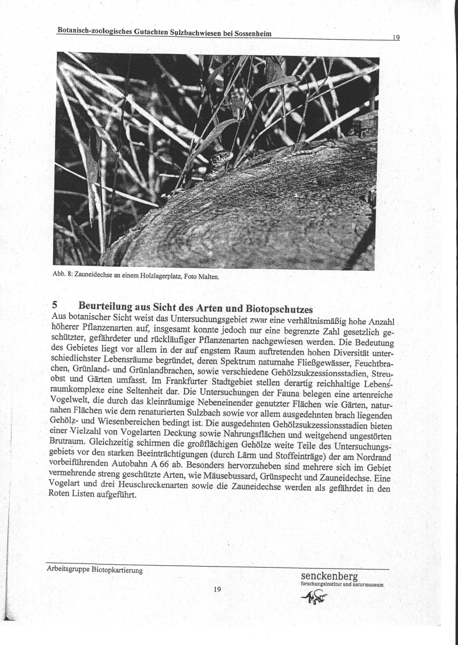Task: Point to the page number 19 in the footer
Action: click(x=217, y=589)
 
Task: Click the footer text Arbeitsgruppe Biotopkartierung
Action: click(x=95, y=570)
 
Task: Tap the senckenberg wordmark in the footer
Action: click(x=329, y=576)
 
